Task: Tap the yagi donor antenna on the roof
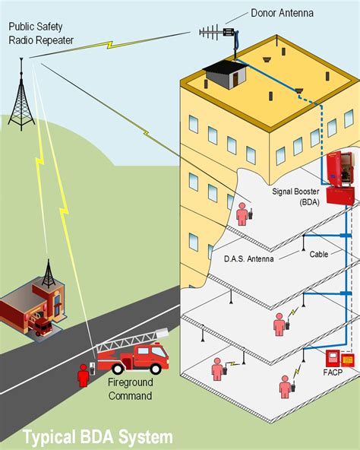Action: (x=220, y=32)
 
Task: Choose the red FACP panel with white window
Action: (x=332, y=359)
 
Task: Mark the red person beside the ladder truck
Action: (x=84, y=376)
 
